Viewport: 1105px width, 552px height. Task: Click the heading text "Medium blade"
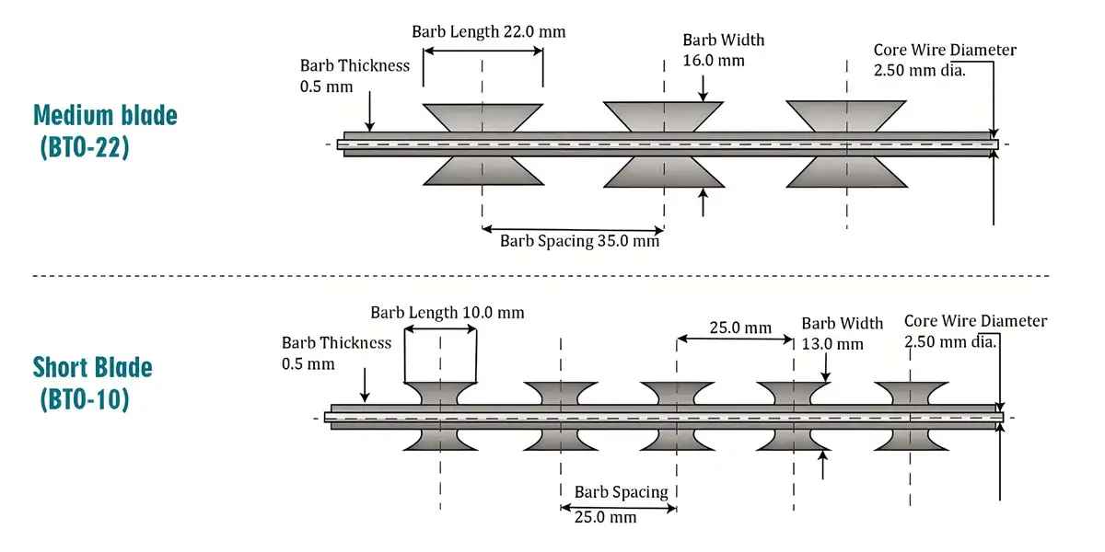coord(105,115)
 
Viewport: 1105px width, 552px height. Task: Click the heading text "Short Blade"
coord(93,368)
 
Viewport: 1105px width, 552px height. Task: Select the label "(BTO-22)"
coord(85,147)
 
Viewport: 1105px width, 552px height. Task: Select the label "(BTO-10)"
coord(85,399)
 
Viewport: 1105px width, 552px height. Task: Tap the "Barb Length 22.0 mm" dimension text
coord(488,31)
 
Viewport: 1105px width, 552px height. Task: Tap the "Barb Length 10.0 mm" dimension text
coord(448,313)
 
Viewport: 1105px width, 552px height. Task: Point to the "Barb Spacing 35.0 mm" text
coord(579,241)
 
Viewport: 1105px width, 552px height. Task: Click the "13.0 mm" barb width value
coord(832,344)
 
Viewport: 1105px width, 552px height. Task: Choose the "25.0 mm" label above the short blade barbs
coord(740,328)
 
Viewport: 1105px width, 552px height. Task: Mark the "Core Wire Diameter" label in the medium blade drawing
coord(945,50)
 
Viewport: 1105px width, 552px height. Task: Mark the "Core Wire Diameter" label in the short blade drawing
coord(975,321)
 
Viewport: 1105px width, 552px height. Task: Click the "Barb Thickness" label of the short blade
coord(336,343)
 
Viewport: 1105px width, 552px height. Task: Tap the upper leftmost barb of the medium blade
coord(482,117)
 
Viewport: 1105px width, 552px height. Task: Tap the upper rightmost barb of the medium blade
coord(846,117)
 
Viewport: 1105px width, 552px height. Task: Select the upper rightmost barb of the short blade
coord(910,393)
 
